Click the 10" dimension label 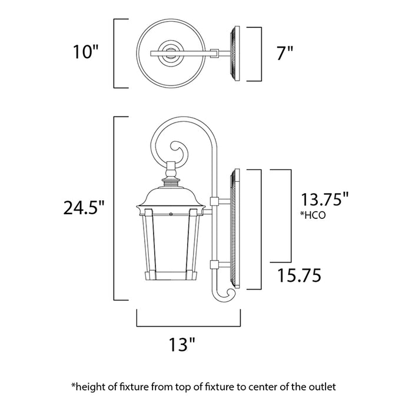click(84, 53)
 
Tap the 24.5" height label click(84, 207)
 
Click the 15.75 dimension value click(300, 274)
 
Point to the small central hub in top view click(171, 53)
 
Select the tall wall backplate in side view click(236, 230)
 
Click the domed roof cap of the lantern click(171, 197)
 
